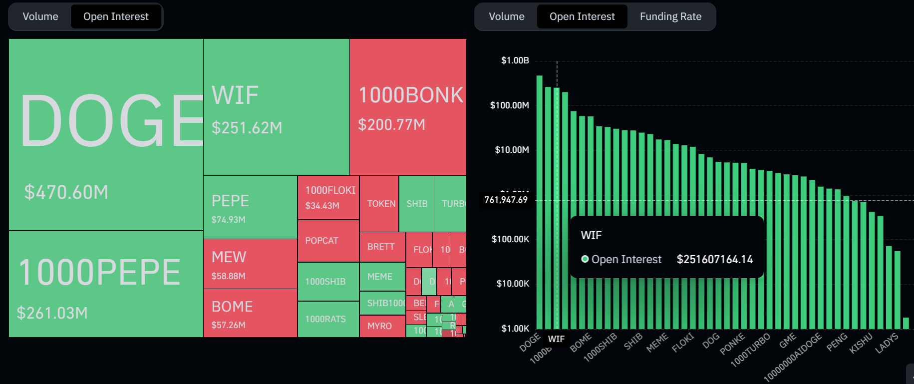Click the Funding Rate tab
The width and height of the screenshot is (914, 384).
tap(670, 16)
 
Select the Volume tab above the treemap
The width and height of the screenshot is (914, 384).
tap(40, 16)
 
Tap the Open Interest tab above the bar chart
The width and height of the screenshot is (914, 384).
tap(582, 16)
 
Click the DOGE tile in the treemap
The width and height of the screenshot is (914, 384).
tap(106, 135)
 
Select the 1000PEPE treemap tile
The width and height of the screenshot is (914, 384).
tap(106, 284)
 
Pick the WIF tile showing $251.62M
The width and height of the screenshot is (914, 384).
tap(276, 107)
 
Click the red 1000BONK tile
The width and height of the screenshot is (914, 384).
tap(408, 107)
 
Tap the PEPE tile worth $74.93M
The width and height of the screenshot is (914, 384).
tap(250, 207)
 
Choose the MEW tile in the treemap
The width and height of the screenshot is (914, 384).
tap(250, 264)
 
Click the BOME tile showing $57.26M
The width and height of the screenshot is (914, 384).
tap(250, 313)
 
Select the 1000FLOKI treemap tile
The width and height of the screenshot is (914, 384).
tap(328, 198)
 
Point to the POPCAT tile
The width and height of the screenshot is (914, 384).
tap(328, 241)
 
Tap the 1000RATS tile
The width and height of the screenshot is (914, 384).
tap(328, 319)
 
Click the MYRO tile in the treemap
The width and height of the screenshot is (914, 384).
tap(382, 326)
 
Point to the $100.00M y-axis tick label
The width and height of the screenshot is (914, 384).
tap(509, 105)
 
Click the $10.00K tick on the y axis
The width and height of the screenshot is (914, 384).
tap(513, 284)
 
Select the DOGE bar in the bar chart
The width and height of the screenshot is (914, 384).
tap(539, 200)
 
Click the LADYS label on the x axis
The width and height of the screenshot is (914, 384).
tap(887, 343)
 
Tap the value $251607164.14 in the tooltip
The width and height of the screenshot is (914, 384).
tap(714, 259)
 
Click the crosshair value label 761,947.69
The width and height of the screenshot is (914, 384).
tap(506, 200)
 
